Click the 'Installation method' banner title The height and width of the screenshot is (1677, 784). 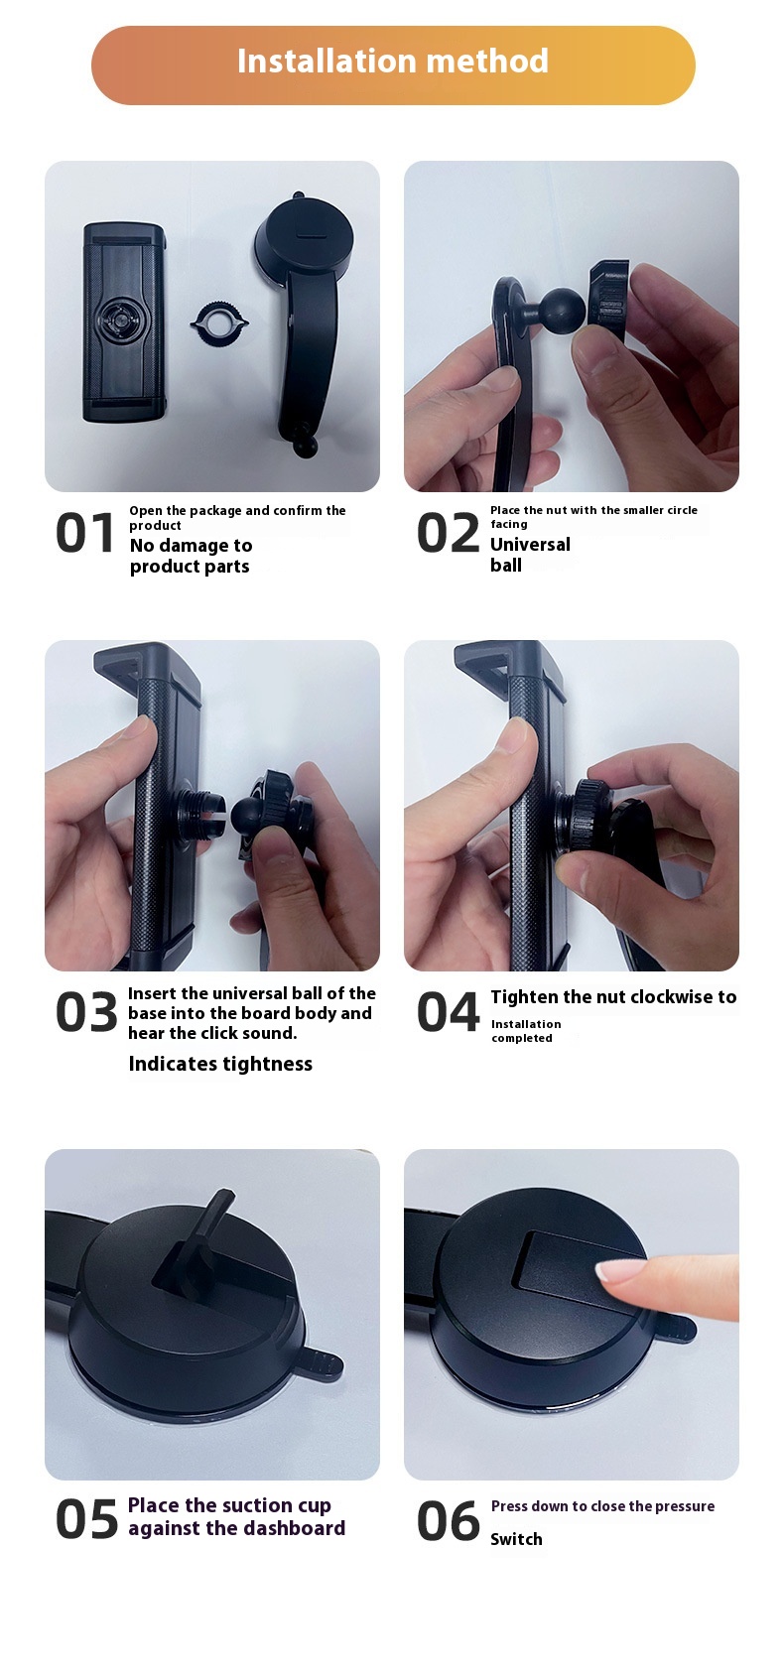392,62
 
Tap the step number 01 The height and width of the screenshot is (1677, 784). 84,534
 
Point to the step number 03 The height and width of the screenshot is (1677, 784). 86,1011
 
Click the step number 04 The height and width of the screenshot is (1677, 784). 448,1011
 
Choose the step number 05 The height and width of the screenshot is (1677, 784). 86,1520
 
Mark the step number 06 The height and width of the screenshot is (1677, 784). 448,1520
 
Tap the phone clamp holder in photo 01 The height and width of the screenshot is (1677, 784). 123,322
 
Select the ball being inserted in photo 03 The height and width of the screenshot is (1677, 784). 251,814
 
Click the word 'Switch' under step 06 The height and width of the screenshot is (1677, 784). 516,1539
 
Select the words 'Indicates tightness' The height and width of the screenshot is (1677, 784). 220,1064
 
